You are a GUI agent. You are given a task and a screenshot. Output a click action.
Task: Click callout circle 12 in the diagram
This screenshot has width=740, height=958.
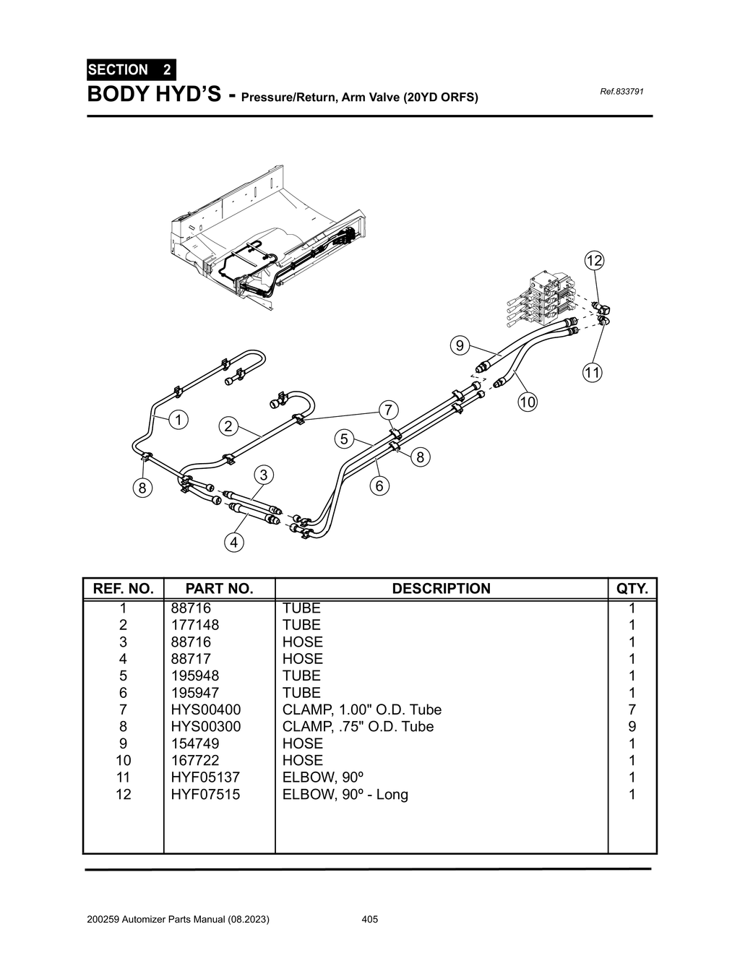click(x=594, y=261)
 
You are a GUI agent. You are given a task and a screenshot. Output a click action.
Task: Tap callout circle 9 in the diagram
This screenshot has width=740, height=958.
click(x=459, y=345)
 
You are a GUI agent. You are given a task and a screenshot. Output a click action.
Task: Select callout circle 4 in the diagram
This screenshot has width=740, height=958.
click(x=233, y=542)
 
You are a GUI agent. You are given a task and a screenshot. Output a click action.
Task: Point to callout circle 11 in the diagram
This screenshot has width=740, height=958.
click(x=593, y=373)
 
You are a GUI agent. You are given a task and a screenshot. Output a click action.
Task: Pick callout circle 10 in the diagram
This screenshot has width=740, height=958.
click(x=528, y=402)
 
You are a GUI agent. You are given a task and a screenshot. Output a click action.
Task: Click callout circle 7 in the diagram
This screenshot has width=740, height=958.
click(x=388, y=410)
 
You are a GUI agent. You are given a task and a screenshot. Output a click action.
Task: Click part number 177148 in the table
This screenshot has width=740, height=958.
click(x=194, y=625)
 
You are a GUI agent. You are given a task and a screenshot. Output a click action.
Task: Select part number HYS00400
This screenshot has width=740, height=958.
click(x=205, y=709)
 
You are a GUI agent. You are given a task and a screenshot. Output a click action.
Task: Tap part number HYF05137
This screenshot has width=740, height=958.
click(x=205, y=777)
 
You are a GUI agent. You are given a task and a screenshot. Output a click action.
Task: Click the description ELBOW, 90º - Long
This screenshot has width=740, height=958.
click(x=345, y=795)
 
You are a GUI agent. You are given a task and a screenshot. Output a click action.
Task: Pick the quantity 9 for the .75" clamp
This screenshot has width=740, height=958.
click(x=632, y=727)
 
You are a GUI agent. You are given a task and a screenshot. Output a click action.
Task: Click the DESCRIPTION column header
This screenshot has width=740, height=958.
click(x=441, y=589)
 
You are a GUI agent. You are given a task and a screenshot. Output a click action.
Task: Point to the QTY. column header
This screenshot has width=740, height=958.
click(x=632, y=589)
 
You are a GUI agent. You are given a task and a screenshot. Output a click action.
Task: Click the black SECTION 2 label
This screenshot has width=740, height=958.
click(x=130, y=70)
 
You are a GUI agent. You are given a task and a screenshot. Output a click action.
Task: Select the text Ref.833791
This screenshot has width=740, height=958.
click(x=621, y=92)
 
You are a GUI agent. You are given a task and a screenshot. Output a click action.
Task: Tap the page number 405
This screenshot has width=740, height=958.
click(x=369, y=920)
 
